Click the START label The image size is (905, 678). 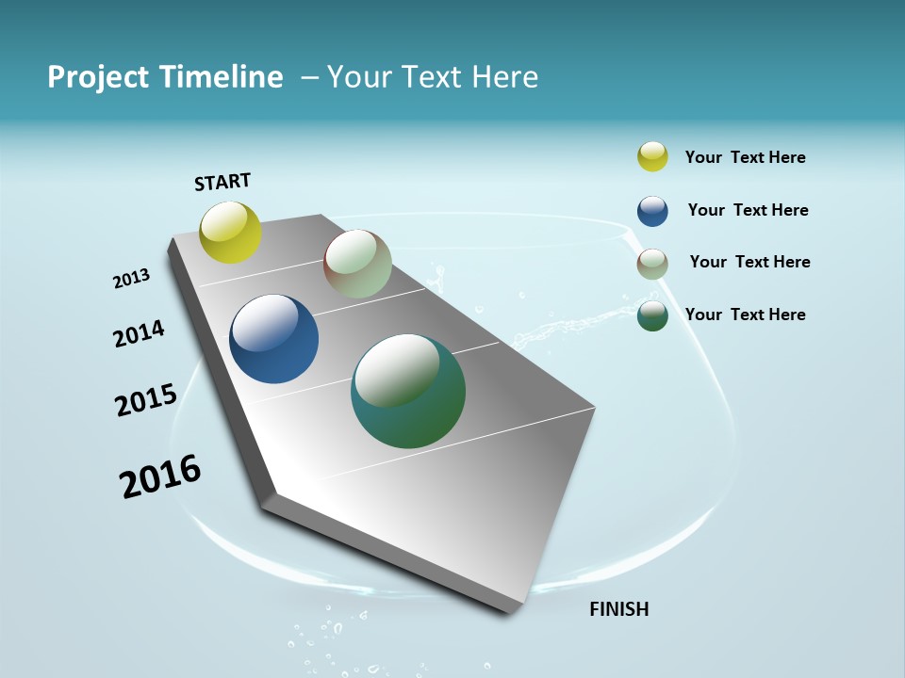(x=222, y=182)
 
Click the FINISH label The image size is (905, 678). (x=618, y=609)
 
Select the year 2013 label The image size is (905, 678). (x=131, y=278)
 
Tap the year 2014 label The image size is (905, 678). (x=139, y=333)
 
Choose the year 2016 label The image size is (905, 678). (x=160, y=476)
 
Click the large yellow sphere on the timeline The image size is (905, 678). (x=230, y=232)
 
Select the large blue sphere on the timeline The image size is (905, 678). (x=273, y=339)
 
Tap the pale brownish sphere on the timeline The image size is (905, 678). (x=357, y=264)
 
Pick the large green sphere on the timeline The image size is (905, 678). (x=407, y=391)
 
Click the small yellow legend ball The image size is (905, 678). (x=652, y=157)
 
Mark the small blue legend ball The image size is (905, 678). (x=652, y=211)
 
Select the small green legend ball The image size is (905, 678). (x=652, y=315)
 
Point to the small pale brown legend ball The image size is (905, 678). (x=652, y=264)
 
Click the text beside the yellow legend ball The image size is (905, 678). (x=745, y=157)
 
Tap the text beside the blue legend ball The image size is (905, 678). (x=748, y=210)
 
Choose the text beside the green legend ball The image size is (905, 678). (x=745, y=315)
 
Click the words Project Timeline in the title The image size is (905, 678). (x=165, y=77)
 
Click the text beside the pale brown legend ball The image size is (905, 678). (x=749, y=262)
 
